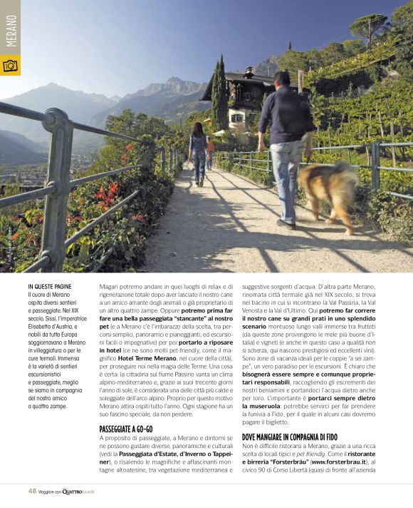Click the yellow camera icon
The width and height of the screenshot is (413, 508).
(11, 66)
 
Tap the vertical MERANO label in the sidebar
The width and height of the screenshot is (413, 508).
(11, 30)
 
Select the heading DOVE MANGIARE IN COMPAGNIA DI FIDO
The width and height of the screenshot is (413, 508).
(290, 436)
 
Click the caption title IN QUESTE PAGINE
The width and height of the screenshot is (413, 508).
(51, 286)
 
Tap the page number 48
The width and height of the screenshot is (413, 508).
(32, 491)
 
